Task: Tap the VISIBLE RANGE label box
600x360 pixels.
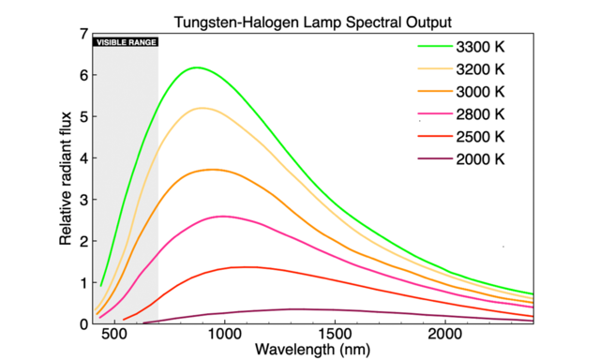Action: coord(125,42)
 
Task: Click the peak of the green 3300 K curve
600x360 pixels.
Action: coord(197,67)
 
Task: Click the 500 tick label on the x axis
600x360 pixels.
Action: coord(114,334)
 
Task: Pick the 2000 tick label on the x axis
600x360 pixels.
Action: coord(443,334)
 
